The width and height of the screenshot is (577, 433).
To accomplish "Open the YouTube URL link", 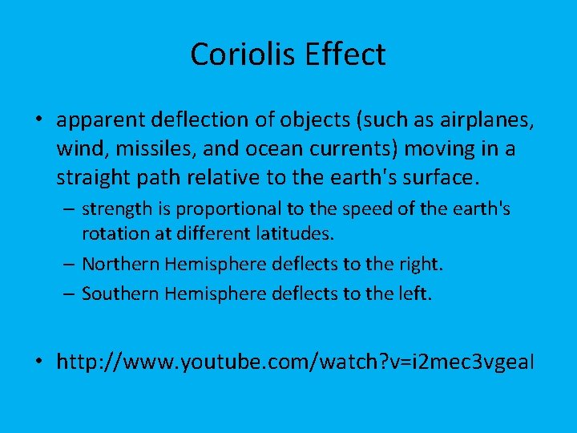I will click(294, 362).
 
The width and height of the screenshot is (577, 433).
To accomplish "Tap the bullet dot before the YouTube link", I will click(38, 362).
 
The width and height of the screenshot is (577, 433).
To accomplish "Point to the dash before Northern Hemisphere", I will click(70, 265).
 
